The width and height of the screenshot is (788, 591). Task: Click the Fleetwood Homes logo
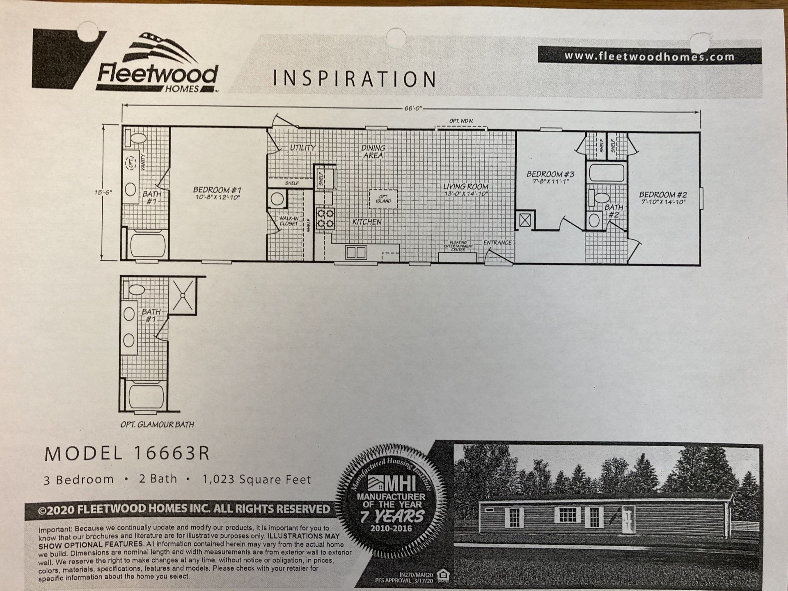(157, 64)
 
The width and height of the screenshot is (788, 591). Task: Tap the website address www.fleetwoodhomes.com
(649, 56)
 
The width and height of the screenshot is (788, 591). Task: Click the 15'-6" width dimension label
(103, 192)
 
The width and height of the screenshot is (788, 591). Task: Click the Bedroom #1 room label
(217, 193)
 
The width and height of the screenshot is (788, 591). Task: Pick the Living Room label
(466, 190)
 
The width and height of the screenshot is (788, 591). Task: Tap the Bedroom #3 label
(550, 177)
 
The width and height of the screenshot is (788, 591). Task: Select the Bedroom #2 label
(663, 198)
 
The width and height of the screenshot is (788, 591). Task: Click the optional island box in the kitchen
(383, 199)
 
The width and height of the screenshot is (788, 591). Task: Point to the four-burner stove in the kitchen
(325, 218)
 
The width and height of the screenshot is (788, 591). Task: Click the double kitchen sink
(355, 252)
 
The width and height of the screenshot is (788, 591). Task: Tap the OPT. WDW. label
(461, 121)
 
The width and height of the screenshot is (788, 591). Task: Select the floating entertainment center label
(458, 246)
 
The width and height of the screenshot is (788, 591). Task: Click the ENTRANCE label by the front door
(497, 243)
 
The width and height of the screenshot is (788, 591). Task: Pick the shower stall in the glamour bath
(183, 295)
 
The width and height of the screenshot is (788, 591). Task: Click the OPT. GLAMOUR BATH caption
(157, 424)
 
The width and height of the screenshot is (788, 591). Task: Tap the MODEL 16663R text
(127, 454)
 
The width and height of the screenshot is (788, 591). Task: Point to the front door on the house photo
(628, 519)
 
